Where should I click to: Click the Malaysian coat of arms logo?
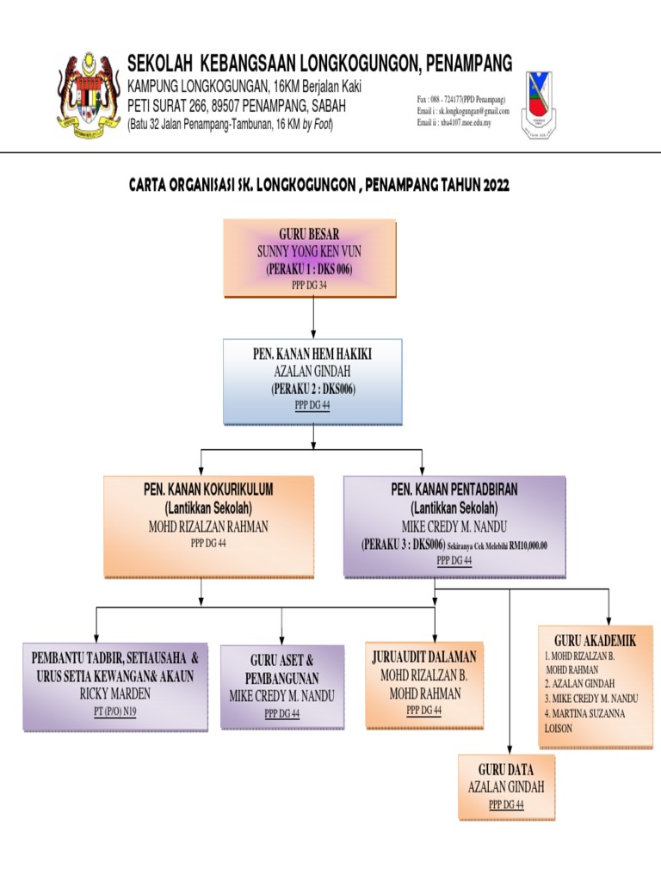(x=87, y=95)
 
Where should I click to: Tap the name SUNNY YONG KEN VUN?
(x=309, y=251)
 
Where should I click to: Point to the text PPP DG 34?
(x=310, y=285)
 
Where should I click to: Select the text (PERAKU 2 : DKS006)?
(x=312, y=389)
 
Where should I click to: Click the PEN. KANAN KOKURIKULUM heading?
(x=207, y=490)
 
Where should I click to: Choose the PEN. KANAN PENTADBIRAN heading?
(x=454, y=490)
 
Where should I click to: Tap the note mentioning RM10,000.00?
(x=497, y=545)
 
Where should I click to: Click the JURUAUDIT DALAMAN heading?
(x=423, y=657)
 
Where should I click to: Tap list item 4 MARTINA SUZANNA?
(x=584, y=714)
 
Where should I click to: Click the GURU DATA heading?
(x=506, y=769)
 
